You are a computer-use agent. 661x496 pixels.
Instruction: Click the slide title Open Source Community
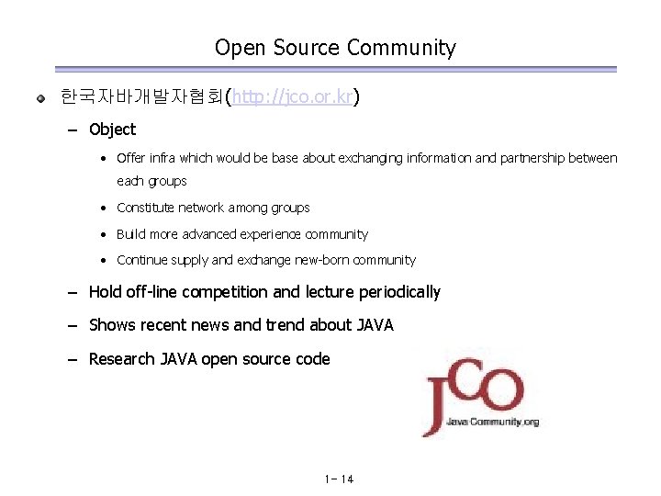335,48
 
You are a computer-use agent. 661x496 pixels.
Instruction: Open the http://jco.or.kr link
293,96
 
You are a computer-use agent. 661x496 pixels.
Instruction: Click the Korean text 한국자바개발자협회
141,96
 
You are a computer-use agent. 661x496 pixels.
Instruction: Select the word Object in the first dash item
112,130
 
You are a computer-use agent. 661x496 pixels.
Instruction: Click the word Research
121,359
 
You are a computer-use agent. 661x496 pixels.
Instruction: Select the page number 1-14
339,479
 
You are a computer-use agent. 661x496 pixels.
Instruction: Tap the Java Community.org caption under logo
493,422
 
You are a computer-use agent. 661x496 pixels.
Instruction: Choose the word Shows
110,325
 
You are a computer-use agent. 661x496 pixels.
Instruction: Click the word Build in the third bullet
131,234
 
